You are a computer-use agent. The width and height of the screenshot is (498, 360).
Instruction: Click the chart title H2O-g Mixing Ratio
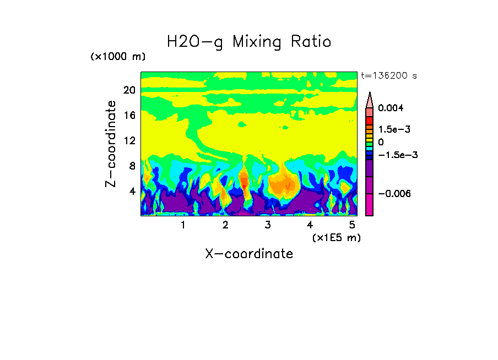[249, 42]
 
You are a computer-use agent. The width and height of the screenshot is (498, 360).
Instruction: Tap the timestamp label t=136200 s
[388, 75]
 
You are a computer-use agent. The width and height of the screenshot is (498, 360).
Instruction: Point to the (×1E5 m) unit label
[336, 237]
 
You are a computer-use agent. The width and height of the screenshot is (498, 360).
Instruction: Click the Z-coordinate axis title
[111, 143]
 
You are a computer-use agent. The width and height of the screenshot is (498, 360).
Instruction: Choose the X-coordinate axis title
[249, 254]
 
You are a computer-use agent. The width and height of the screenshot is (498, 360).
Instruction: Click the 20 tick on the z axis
[129, 90]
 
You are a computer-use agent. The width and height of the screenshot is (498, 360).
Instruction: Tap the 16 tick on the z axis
[129, 116]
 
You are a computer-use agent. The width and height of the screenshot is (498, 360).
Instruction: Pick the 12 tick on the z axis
[129, 141]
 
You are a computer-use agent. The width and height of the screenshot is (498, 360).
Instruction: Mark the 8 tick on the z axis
[132, 166]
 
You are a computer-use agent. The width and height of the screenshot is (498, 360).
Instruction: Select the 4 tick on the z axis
[132, 192]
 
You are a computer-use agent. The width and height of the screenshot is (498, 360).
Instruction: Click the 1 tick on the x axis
[183, 225]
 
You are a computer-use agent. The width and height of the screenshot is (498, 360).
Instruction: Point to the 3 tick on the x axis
[267, 225]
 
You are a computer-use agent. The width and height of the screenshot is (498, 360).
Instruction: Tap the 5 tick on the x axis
[351, 225]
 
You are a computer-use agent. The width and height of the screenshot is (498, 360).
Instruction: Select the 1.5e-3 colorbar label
[391, 129]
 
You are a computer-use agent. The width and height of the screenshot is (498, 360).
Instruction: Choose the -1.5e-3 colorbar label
[393, 155]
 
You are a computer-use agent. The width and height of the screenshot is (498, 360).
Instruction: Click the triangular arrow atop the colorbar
[370, 100]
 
